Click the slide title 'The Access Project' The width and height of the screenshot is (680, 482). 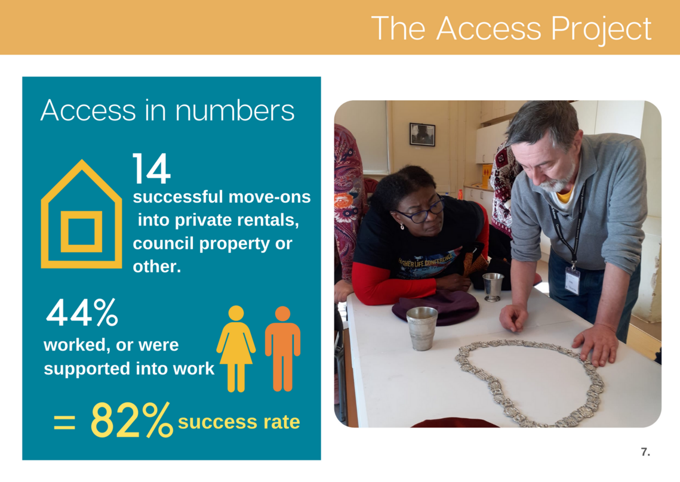tap(511, 29)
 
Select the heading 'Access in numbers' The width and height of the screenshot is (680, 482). tap(167, 110)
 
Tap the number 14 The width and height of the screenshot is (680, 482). tap(152, 168)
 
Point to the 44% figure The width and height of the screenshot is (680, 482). tap(82, 312)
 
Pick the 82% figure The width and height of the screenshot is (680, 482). tap(132, 419)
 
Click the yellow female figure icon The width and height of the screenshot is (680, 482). tap(236, 348)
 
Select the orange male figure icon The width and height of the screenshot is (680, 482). tap(282, 348)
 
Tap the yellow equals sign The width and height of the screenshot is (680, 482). tap(64, 422)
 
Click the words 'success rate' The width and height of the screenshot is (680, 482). tap(239, 422)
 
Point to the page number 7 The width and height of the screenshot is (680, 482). tap(645, 452)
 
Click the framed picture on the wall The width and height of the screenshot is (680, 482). tap(422, 134)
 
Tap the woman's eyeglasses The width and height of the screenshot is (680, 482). tap(421, 212)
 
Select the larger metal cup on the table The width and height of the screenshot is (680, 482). tap(421, 327)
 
